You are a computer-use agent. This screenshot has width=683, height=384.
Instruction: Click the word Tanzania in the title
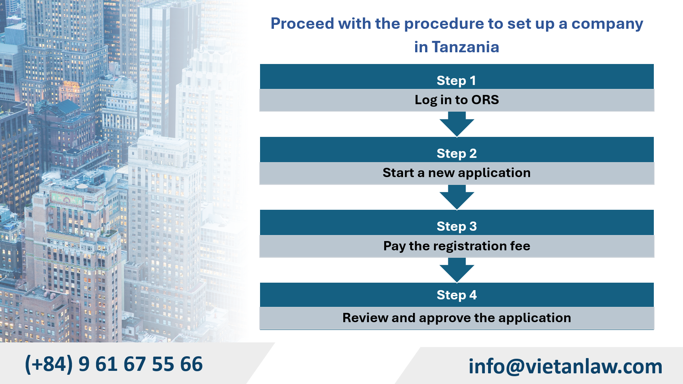pyautogui.click(x=465, y=47)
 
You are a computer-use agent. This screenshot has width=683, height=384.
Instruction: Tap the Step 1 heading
pyautogui.click(x=456, y=81)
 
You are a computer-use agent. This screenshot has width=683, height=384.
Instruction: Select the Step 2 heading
pyautogui.click(x=456, y=154)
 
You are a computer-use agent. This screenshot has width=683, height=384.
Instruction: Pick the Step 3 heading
pyautogui.click(x=456, y=226)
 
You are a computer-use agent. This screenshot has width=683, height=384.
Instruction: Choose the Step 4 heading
pyautogui.click(x=456, y=295)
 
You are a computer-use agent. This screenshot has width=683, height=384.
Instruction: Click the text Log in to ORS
pyautogui.click(x=456, y=100)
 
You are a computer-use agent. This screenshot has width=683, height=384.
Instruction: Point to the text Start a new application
pyautogui.click(x=456, y=173)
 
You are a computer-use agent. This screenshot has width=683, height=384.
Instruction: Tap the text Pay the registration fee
pyautogui.click(x=456, y=246)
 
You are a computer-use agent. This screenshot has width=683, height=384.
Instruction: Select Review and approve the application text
pyautogui.click(x=456, y=318)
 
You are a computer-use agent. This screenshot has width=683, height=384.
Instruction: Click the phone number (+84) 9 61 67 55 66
pyautogui.click(x=114, y=364)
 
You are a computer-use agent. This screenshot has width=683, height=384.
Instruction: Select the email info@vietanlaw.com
pyautogui.click(x=565, y=366)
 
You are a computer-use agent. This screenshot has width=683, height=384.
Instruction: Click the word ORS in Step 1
pyautogui.click(x=485, y=100)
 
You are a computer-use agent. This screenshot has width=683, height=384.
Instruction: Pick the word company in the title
pyautogui.click(x=607, y=24)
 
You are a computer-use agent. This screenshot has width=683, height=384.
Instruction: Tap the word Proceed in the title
pyautogui.click(x=302, y=24)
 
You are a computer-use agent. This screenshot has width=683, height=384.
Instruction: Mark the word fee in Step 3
pyautogui.click(x=520, y=246)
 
